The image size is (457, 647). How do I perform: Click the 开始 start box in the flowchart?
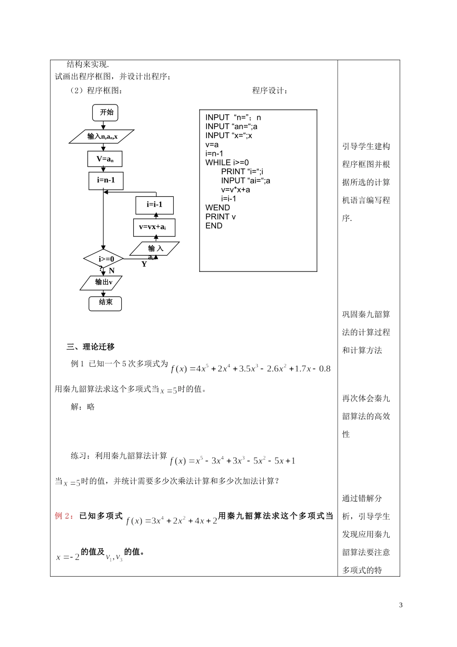coord(106,113)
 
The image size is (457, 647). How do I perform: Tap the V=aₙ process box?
coord(105,159)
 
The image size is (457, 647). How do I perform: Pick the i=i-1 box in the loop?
coord(154,205)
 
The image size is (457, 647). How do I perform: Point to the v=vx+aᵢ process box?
coord(154,227)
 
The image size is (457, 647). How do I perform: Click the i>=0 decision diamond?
coord(103,259)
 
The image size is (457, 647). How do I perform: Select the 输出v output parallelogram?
coord(102,283)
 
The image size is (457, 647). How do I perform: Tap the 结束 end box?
coord(105,303)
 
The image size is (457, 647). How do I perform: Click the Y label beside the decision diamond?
coord(144,264)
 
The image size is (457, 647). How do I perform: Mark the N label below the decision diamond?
coord(112,271)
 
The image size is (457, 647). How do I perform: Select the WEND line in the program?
coord(217,207)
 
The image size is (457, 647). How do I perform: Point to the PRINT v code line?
coord(220,217)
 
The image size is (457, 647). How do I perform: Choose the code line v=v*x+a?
coord(236,190)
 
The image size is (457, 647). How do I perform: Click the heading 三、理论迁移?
coord(91,347)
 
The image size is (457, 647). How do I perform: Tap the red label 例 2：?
coord(64,516)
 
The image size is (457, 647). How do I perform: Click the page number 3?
coord(401,605)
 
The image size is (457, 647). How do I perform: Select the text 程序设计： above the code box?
coord(270,91)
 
